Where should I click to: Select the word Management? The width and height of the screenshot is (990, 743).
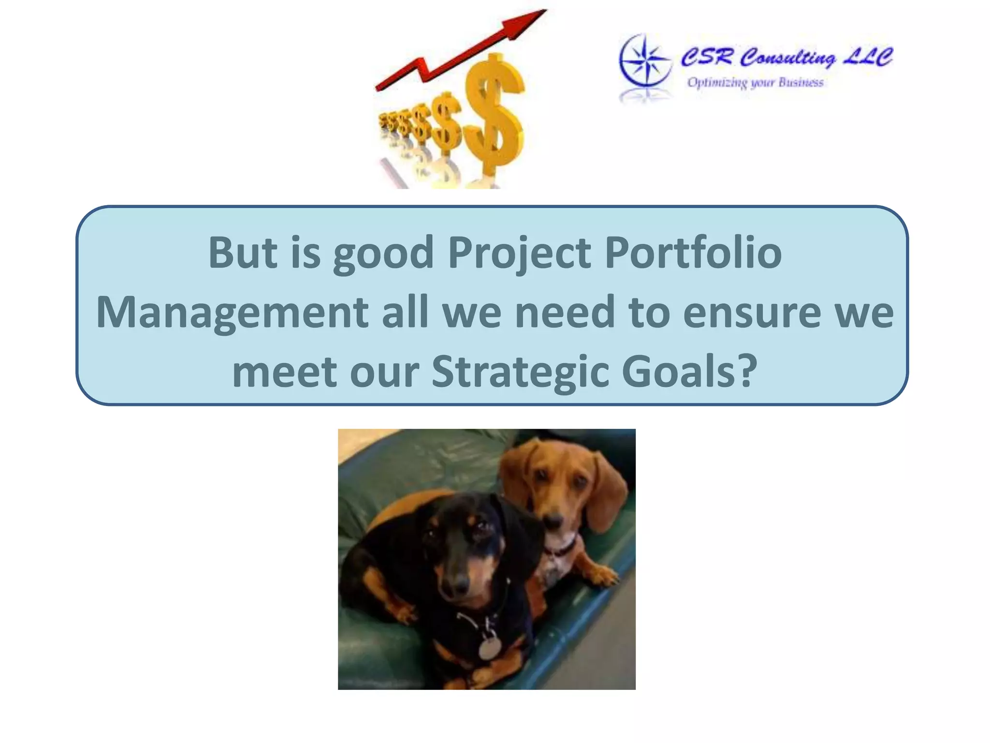(232, 313)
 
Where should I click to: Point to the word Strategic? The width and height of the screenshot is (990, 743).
(520, 372)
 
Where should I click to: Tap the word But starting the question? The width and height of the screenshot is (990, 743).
(242, 253)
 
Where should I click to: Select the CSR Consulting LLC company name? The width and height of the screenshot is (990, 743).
(786, 57)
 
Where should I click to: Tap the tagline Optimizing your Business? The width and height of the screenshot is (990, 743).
(755, 83)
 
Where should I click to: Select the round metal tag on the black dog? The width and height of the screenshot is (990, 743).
(490, 647)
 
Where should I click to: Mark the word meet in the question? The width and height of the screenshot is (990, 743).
(285, 372)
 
